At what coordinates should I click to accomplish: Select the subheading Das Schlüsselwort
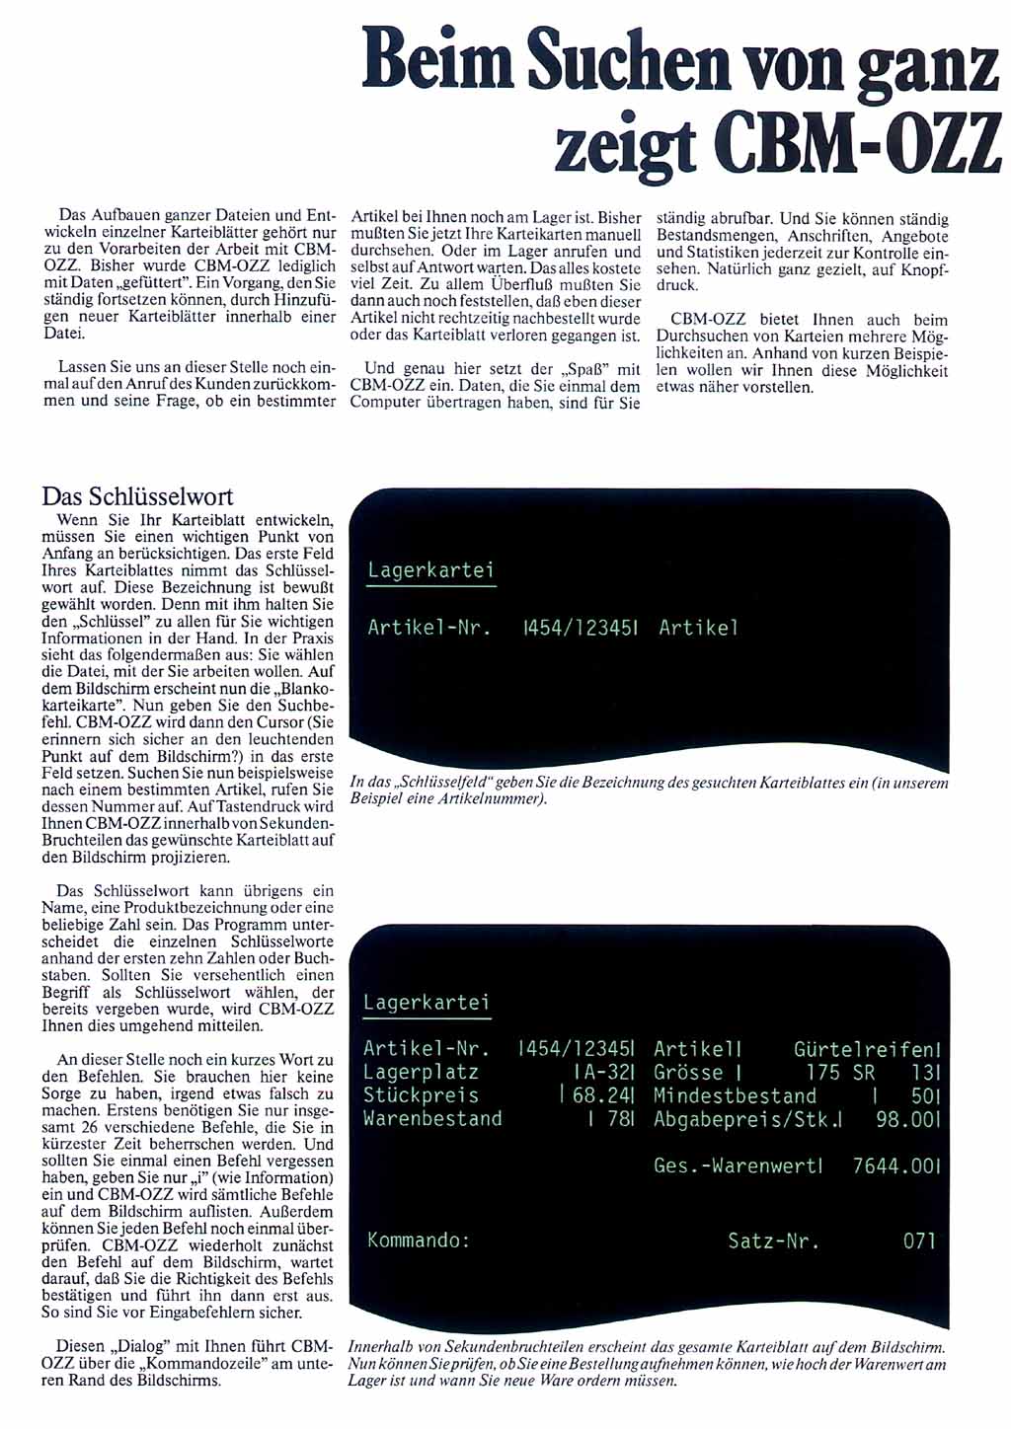click(137, 496)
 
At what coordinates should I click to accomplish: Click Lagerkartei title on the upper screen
click(430, 570)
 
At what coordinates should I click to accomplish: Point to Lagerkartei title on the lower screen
click(427, 1003)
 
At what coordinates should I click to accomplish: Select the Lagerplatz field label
click(421, 1072)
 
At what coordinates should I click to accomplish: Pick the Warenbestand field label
click(432, 1119)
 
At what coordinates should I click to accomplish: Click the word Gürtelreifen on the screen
click(865, 1049)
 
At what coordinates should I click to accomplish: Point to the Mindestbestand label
click(735, 1095)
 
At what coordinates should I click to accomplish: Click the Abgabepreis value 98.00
click(904, 1119)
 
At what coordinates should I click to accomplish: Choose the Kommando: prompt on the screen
click(419, 1241)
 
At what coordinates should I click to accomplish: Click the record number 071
click(919, 1241)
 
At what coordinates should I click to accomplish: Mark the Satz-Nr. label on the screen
click(773, 1241)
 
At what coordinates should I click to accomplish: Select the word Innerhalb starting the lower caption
click(380, 1347)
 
